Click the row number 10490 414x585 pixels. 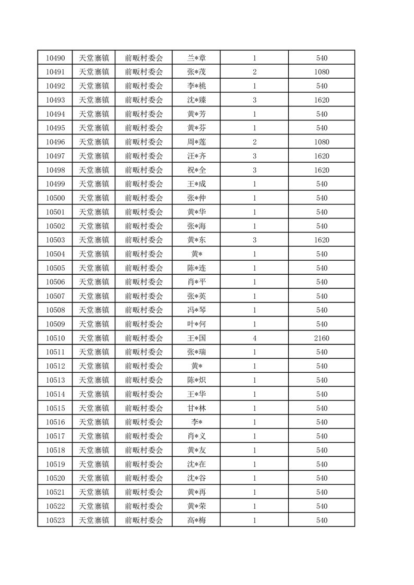pyautogui.click(x=55, y=58)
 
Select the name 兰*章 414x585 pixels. pyautogui.click(x=196, y=58)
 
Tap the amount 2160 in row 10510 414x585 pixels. pyautogui.click(x=322, y=338)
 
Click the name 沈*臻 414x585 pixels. pyautogui.click(x=196, y=100)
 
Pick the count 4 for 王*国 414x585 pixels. pyautogui.click(x=254, y=338)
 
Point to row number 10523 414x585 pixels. pyautogui.click(x=55, y=520)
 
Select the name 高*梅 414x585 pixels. pyautogui.click(x=196, y=520)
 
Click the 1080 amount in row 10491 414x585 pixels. pyautogui.click(x=322, y=72)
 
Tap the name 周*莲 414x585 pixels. pyautogui.click(x=196, y=142)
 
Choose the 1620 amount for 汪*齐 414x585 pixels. pyautogui.click(x=322, y=156)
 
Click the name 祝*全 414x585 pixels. pyautogui.click(x=196, y=170)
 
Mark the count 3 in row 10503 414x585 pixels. pyautogui.click(x=254, y=240)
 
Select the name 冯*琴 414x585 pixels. pyautogui.click(x=196, y=310)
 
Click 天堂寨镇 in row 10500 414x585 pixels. pyautogui.click(x=93, y=198)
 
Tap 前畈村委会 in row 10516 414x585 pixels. pyautogui.click(x=144, y=422)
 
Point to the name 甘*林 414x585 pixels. pyautogui.click(x=196, y=408)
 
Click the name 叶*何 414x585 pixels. pyautogui.click(x=196, y=324)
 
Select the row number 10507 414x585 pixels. pyautogui.click(x=55, y=296)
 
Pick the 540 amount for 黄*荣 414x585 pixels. pyautogui.click(x=322, y=506)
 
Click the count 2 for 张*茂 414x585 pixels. pyautogui.click(x=254, y=72)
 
